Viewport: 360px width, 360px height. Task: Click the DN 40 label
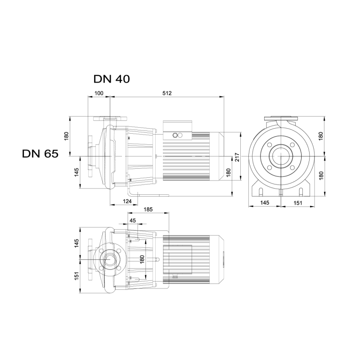point(112,79)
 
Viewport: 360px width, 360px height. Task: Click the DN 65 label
point(40,153)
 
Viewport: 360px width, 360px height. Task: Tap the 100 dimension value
point(99,93)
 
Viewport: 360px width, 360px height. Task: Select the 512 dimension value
point(167,93)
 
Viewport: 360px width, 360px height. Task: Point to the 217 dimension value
point(237,157)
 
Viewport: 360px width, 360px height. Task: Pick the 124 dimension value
point(127,201)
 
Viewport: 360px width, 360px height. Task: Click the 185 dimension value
point(148,209)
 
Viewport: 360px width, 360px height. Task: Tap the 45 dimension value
point(133,220)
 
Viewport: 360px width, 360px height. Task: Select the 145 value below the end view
point(265,202)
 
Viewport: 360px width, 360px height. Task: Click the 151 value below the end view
point(298,203)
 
